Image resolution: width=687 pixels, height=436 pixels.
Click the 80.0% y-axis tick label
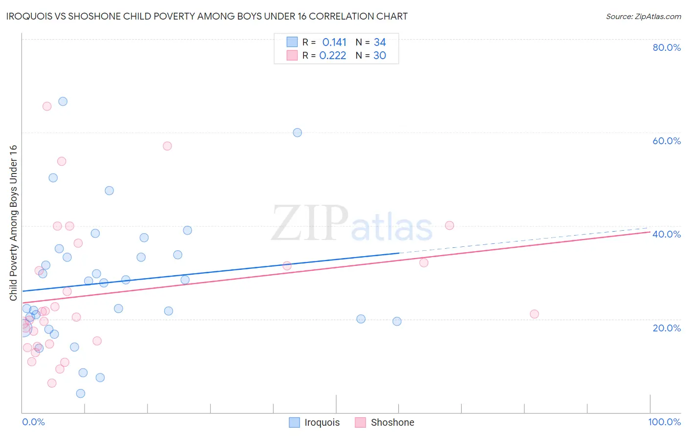click(666, 47)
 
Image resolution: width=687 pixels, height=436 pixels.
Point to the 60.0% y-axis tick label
click(666, 141)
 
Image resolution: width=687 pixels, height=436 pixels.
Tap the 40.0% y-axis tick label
click(666, 234)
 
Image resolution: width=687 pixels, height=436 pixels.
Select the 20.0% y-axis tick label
click(666, 327)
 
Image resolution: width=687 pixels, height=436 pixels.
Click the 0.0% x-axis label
click(33, 422)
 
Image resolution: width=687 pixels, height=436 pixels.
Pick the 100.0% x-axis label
click(664, 422)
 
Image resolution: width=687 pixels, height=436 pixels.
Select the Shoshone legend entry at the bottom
click(385, 422)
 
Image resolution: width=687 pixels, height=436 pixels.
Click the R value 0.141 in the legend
click(334, 43)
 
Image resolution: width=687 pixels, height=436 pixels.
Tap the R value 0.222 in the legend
click(333, 56)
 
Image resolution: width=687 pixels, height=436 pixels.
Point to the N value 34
click(380, 43)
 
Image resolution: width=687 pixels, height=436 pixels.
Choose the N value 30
click(380, 56)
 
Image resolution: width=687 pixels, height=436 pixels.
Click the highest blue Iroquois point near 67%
click(63, 102)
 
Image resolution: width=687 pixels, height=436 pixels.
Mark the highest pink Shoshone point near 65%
click(47, 107)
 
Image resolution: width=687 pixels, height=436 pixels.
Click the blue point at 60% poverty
click(298, 132)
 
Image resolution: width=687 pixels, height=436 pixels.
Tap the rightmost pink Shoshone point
click(535, 314)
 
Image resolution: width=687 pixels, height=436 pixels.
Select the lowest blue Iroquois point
click(81, 393)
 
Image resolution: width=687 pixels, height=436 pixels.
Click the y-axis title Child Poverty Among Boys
click(13, 223)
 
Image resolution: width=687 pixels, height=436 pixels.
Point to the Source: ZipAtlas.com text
click(643, 16)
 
